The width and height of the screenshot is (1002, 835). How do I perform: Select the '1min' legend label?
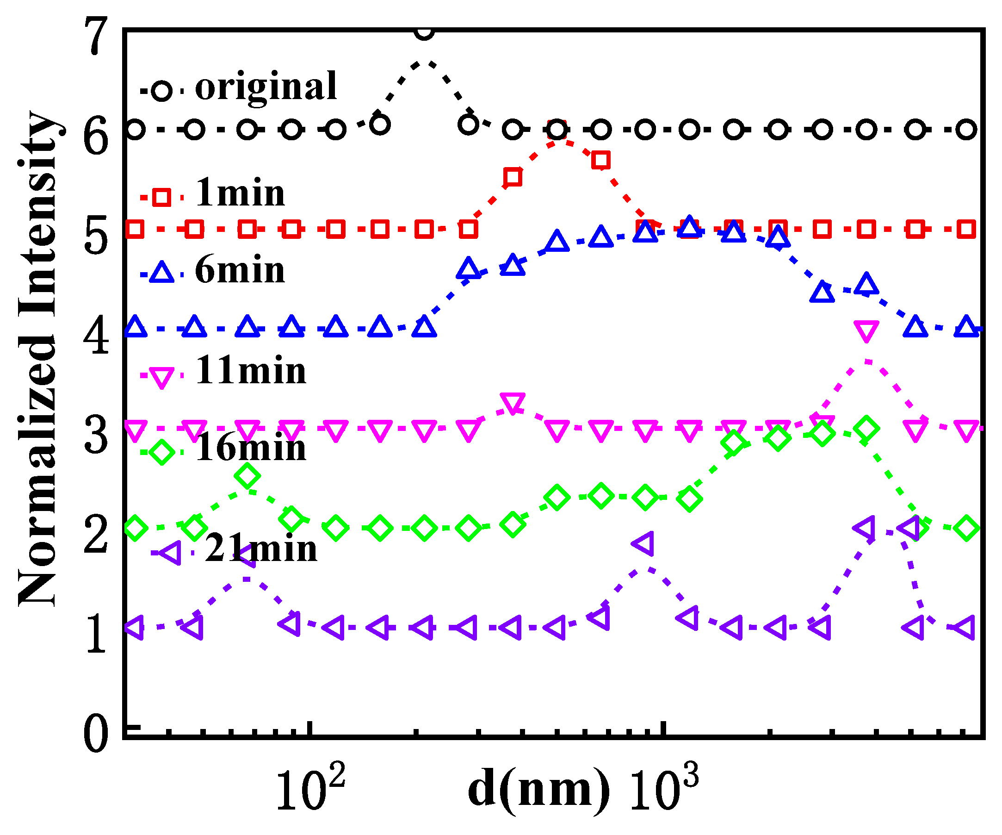[240, 193]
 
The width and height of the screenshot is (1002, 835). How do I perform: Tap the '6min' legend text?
[240, 271]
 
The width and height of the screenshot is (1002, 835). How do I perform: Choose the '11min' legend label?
[251, 371]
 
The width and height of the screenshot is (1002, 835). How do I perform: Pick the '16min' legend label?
[251, 449]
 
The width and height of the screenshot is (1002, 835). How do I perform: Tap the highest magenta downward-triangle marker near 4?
[866, 331]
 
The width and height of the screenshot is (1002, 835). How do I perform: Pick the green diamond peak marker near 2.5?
[247, 476]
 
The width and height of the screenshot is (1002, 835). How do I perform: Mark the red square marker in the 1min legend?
[161, 197]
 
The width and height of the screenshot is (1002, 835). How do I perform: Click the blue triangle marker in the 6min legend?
[161, 273]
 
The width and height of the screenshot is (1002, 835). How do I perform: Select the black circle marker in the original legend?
[161, 90]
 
